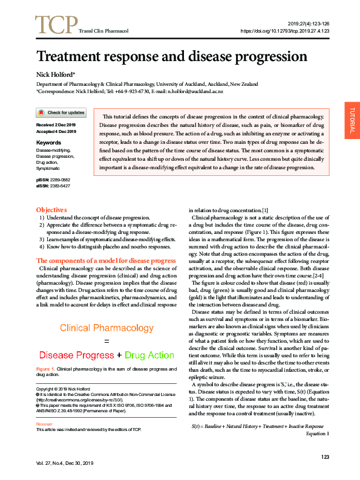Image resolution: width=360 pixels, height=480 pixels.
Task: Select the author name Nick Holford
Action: coord(56,74)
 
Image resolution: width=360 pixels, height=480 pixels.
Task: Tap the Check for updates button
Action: coord(61,112)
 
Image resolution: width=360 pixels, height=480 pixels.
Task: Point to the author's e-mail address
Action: coord(195,91)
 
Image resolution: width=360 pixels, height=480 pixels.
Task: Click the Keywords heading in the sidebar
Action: coord(48,143)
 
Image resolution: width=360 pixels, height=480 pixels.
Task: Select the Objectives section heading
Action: coord(51,209)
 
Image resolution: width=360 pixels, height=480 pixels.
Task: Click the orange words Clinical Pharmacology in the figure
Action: coord(106,328)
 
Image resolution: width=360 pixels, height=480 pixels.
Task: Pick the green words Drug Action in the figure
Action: coord(149,355)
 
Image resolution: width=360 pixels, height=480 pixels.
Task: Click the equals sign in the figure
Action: coord(106,342)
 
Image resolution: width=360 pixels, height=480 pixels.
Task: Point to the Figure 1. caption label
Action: coord(45,368)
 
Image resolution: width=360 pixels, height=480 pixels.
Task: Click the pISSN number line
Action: coord(53,180)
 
